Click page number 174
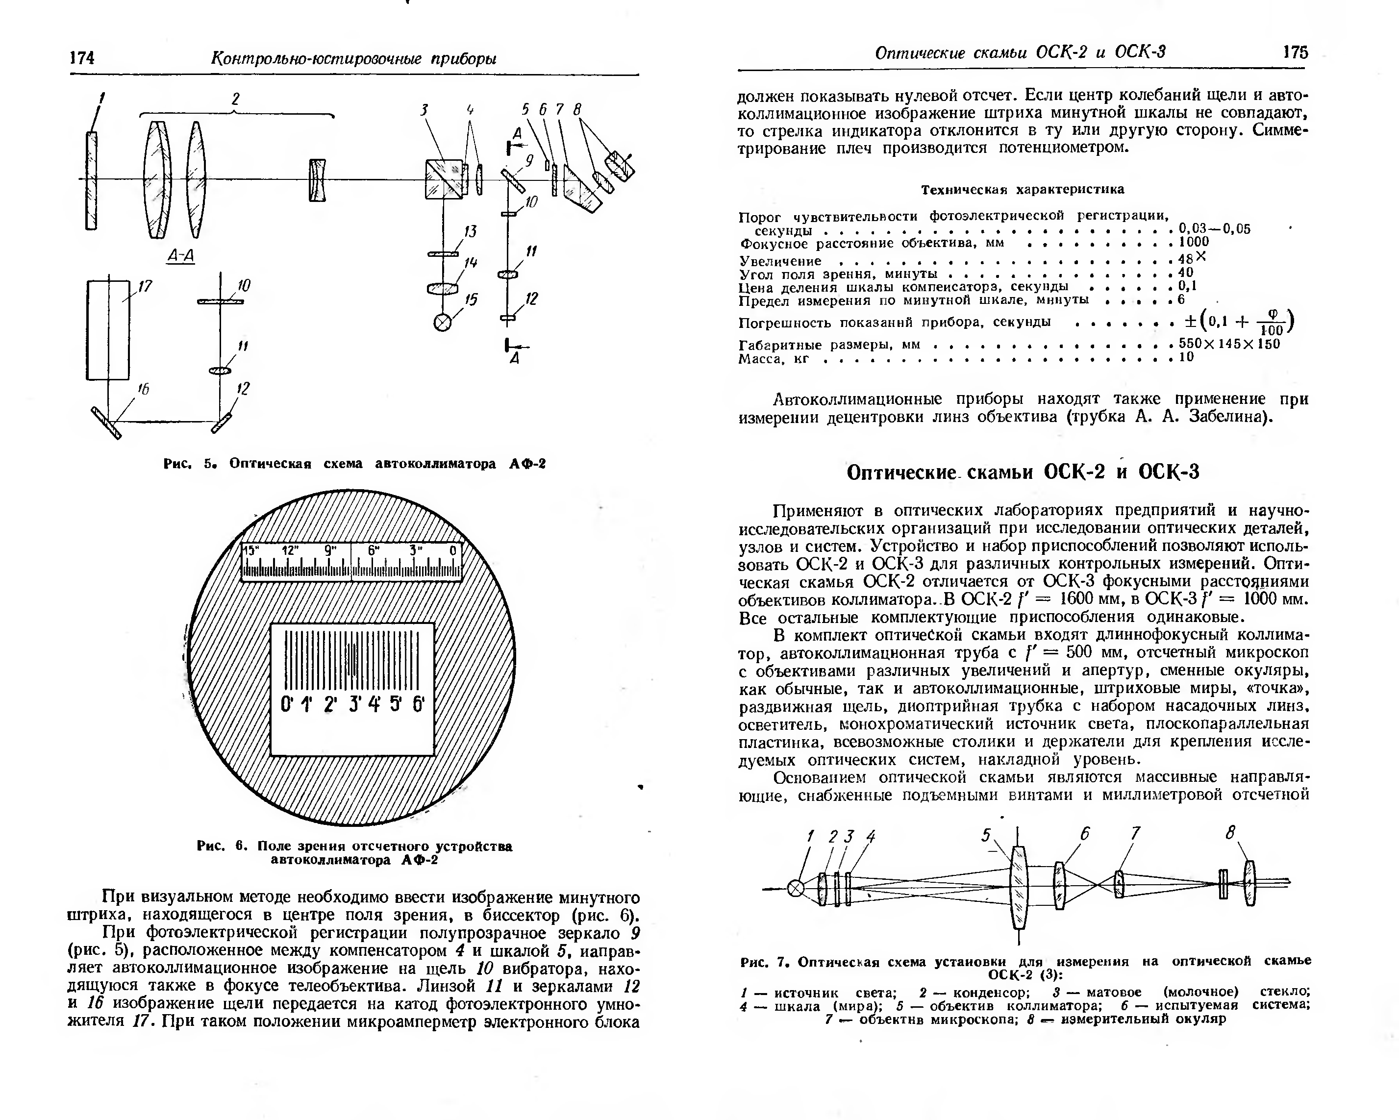(x=82, y=58)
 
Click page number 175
(x=1295, y=52)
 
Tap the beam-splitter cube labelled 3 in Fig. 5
(x=444, y=178)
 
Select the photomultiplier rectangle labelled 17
(x=108, y=330)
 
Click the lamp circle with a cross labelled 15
(x=443, y=323)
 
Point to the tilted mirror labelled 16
(x=106, y=423)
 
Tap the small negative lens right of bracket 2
(x=317, y=180)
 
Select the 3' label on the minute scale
(x=355, y=703)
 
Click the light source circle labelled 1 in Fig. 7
(x=796, y=888)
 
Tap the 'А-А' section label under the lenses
(x=181, y=256)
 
